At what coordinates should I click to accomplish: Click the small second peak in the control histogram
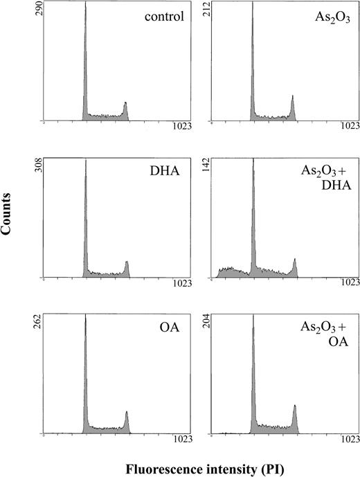[x=125, y=107]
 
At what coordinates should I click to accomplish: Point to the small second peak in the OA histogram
[x=127, y=418]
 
